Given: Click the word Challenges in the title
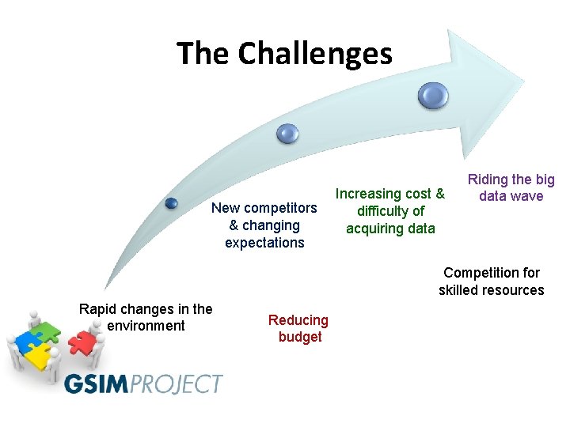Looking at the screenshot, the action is coord(315,54).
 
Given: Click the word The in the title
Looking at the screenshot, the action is coord(203,54).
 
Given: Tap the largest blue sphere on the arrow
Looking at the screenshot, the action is coord(434,96).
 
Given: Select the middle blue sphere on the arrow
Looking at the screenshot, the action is coord(287,134).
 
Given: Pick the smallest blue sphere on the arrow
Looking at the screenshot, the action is coord(171,203).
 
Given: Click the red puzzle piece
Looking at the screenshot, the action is coord(81,342).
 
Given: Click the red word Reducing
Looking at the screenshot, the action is coord(298,320).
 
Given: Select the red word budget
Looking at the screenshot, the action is coord(299,338).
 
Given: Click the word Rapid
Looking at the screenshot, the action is coord(98,308).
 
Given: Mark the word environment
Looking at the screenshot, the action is coord(145,326).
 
